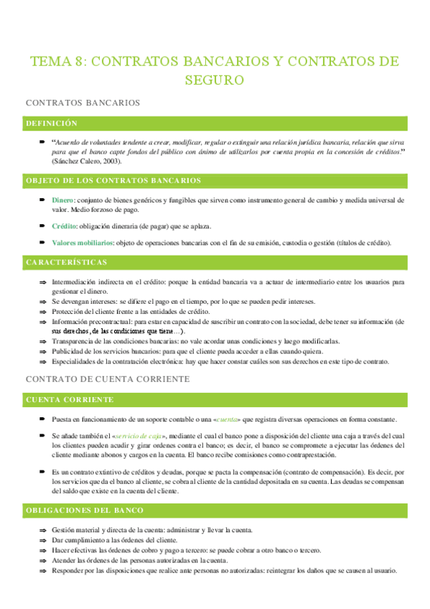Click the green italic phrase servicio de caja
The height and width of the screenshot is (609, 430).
coord(139,436)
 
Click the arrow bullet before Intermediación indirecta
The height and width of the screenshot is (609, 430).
coord(43,283)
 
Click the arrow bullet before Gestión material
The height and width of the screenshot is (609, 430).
coord(43,510)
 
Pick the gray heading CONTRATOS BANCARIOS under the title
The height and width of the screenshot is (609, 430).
coord(82,103)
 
